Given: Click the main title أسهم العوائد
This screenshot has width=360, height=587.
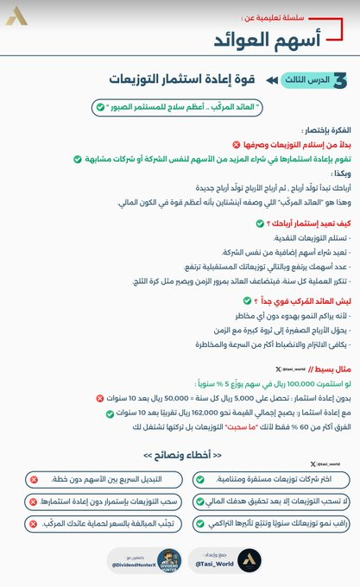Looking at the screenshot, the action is click(268, 41).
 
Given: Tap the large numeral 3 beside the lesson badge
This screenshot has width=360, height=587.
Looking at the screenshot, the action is click(343, 79).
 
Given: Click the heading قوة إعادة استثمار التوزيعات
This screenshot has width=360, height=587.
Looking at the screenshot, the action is click(182, 79).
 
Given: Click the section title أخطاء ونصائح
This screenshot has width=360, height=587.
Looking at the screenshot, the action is click(180, 455).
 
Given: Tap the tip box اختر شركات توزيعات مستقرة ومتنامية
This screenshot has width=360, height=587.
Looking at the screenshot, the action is click(274, 478).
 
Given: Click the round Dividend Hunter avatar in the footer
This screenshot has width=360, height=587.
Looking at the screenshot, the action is click(169, 560).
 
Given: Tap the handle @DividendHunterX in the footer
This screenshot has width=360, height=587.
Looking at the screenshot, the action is click(133, 564).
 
